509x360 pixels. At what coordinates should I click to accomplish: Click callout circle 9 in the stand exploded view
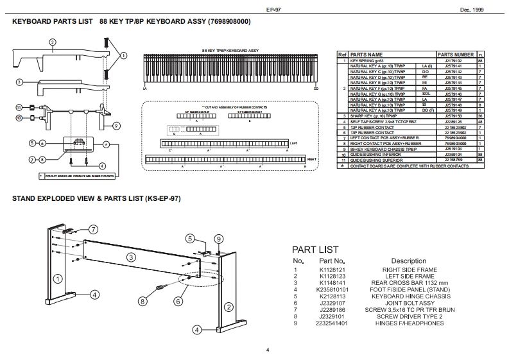pyautogui.click(x=218, y=238)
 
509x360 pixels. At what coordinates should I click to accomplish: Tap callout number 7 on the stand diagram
pyautogui.click(x=93, y=229)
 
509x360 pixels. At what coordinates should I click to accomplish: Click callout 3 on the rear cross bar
pyautogui.click(x=131, y=257)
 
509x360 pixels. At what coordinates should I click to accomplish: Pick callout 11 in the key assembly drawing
pyautogui.click(x=19, y=107)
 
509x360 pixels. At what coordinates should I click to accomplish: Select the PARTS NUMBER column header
pyautogui.click(x=455, y=55)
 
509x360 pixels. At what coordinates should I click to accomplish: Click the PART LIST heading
pyautogui.click(x=315, y=249)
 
